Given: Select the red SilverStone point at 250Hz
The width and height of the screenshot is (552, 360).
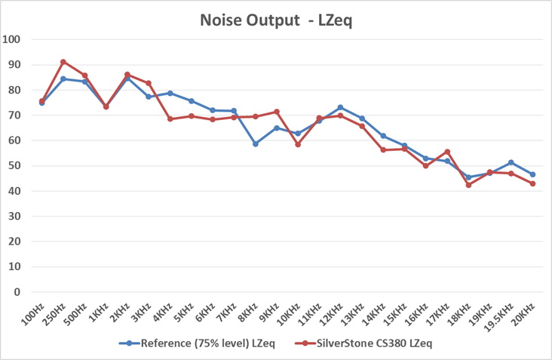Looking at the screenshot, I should (63, 62).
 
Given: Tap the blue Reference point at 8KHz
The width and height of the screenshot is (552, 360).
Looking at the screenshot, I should (256, 143).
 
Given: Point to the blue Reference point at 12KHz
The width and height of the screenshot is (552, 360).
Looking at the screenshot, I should (341, 107).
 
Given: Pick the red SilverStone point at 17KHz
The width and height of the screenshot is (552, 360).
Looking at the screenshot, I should (447, 152).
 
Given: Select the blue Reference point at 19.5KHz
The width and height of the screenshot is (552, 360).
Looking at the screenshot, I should (511, 162).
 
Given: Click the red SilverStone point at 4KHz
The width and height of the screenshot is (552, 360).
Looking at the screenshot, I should (170, 118).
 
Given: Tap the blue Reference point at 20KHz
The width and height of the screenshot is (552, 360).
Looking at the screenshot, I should (532, 174).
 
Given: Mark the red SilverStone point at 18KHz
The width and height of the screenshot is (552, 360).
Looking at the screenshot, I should (469, 185).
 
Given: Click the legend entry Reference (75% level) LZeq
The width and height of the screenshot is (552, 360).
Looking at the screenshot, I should (198, 343).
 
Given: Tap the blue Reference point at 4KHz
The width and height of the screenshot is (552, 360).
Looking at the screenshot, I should (170, 93).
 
